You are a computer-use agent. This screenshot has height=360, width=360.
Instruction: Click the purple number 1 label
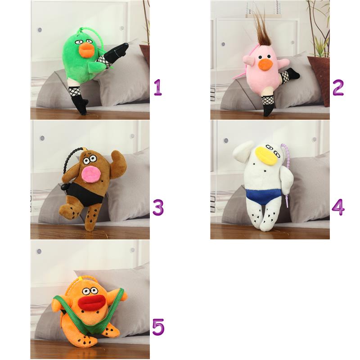158,87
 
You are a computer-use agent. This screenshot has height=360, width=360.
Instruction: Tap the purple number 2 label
338,87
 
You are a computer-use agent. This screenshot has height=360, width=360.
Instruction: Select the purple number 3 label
158,207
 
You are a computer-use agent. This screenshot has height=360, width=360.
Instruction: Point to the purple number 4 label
338,207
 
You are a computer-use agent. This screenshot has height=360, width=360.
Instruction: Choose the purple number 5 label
158,327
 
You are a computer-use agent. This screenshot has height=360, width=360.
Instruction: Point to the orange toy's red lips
91,302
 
